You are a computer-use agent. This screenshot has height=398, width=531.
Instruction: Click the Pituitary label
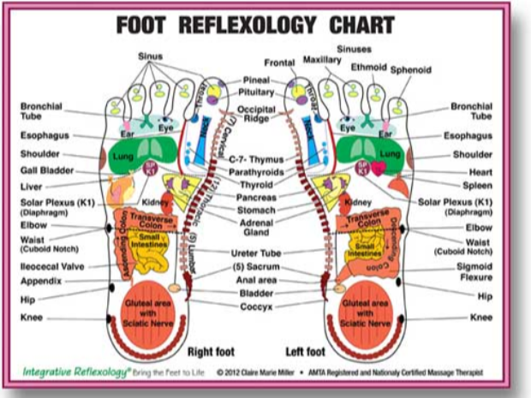pyautogui.click(x=254, y=92)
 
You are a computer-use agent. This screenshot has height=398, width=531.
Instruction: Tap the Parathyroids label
pyautogui.click(x=256, y=171)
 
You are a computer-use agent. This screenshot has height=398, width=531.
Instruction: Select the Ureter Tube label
pyautogui.click(x=256, y=253)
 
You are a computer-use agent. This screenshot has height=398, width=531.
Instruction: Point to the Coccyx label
pyautogui.click(x=255, y=305)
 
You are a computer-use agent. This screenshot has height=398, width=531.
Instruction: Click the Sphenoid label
pyautogui.click(x=411, y=70)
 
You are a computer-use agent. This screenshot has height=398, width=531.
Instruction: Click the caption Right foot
pyautogui.click(x=212, y=350)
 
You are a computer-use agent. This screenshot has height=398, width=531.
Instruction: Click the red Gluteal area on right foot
pyautogui.click(x=145, y=309)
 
